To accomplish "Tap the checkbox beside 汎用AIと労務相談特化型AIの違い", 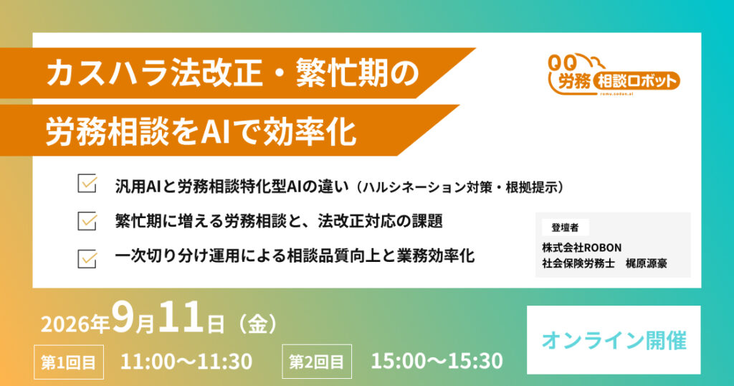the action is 87,184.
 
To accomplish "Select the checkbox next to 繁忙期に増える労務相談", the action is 87,221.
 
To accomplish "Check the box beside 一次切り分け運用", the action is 87,258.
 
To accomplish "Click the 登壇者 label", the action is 565,227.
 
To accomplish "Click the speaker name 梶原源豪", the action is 647,263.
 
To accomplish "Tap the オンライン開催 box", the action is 614,340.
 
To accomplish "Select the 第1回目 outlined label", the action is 69,362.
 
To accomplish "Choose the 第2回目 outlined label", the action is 317,362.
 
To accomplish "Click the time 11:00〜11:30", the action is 186,361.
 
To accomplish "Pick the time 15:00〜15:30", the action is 437,361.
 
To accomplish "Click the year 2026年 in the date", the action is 75,324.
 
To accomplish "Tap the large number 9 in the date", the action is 123,316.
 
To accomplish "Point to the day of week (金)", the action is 257,324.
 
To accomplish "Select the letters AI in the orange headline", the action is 215,131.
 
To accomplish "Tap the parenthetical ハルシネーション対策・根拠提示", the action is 460,187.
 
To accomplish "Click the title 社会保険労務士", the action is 578,263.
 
